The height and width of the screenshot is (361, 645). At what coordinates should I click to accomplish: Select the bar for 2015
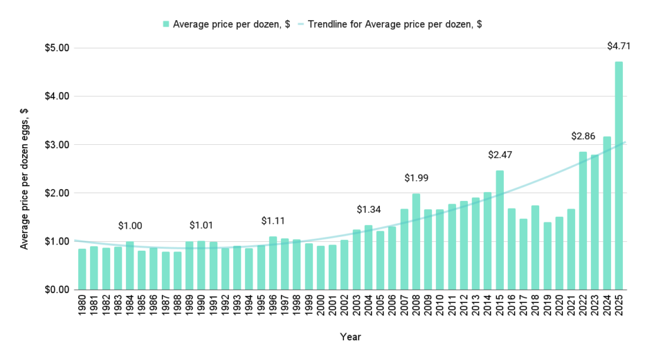(499, 229)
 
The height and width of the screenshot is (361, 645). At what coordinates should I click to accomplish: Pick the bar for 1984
(130, 265)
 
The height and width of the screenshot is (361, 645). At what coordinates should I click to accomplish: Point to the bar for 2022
(583, 220)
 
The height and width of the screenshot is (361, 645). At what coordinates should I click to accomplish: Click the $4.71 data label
(618, 46)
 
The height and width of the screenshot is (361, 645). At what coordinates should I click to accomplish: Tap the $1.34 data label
(368, 209)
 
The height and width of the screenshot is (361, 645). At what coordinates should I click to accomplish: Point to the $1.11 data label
(273, 221)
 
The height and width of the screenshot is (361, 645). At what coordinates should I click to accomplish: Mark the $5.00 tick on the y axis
(57, 49)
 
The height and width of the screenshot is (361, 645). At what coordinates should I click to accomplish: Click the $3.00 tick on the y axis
(57, 145)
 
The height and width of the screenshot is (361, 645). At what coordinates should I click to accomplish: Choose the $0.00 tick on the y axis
(57, 290)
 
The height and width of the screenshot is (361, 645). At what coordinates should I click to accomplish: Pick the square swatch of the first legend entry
(166, 24)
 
